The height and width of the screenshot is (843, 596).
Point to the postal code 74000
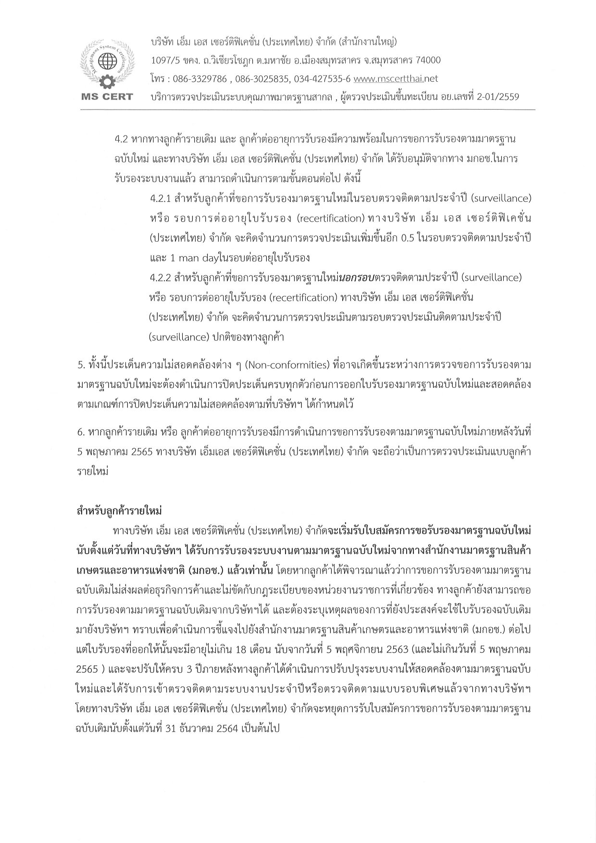[422, 60]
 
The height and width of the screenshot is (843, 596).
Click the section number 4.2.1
[161, 198]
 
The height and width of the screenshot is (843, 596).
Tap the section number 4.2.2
[161, 278]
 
